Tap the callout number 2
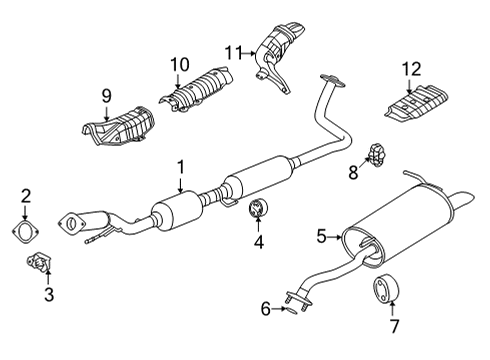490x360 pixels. point(27,197)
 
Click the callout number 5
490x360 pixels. point(322,236)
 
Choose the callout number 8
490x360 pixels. point(353,172)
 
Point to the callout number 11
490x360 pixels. point(232,52)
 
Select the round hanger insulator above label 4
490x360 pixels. point(259,210)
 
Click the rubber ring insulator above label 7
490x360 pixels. point(385,289)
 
